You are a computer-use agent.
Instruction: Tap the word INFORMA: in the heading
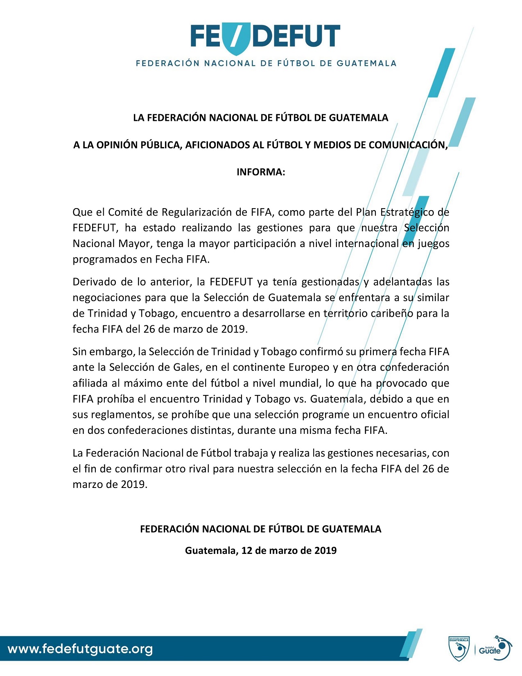click(261, 172)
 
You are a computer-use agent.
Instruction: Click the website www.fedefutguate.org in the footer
click(80, 649)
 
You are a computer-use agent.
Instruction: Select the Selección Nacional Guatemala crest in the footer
click(459, 649)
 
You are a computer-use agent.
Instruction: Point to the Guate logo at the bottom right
click(494, 649)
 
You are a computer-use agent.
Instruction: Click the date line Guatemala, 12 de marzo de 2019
click(261, 550)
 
